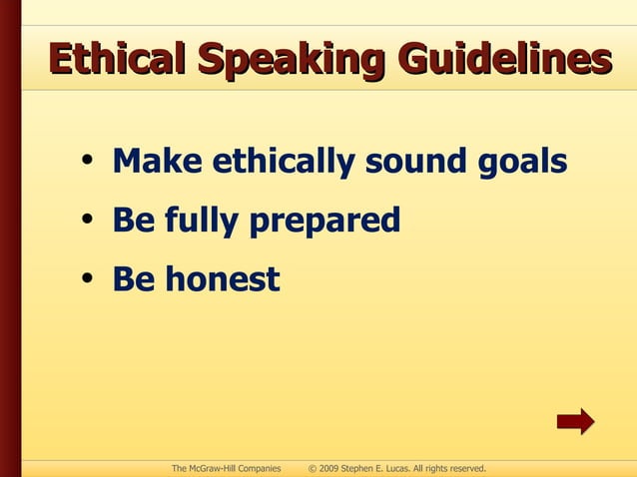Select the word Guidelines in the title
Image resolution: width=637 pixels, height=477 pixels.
pyautogui.click(x=505, y=59)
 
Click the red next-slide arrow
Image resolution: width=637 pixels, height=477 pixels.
pyautogui.click(x=575, y=421)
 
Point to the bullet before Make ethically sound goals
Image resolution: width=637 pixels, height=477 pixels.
pyautogui.click(x=89, y=162)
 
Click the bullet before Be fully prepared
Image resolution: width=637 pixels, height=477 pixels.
pyautogui.click(x=89, y=221)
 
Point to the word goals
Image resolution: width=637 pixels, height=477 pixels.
pyautogui.click(x=524, y=163)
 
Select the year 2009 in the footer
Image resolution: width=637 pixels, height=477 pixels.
pyautogui.click(x=330, y=468)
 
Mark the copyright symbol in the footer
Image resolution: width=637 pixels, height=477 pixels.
pyautogui.click(x=313, y=468)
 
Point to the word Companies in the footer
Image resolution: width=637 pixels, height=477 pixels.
pyautogui.click(x=259, y=468)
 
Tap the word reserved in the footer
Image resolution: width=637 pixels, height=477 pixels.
pyautogui.click(x=464, y=468)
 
